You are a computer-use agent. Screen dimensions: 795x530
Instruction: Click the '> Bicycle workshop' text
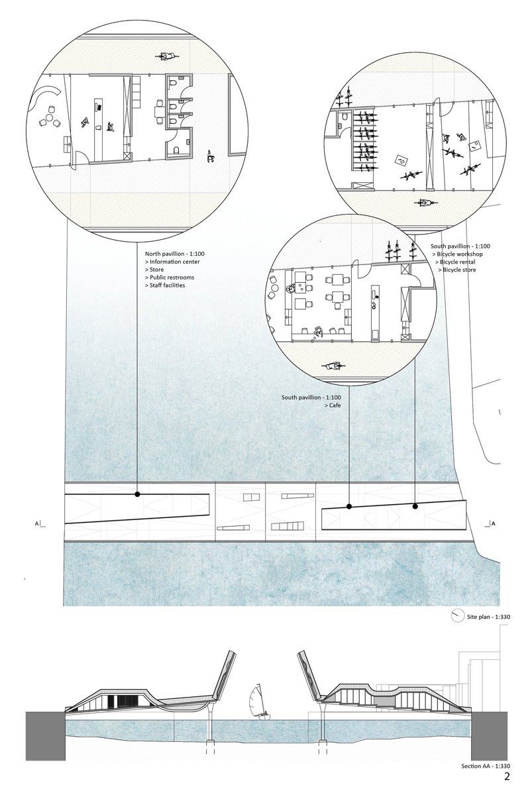pos(461,254)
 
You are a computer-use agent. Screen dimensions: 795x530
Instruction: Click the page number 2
pos(507,777)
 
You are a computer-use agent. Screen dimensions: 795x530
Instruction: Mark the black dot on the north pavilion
pos(137,494)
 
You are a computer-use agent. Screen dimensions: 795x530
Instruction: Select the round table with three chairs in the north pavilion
pos(50,119)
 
